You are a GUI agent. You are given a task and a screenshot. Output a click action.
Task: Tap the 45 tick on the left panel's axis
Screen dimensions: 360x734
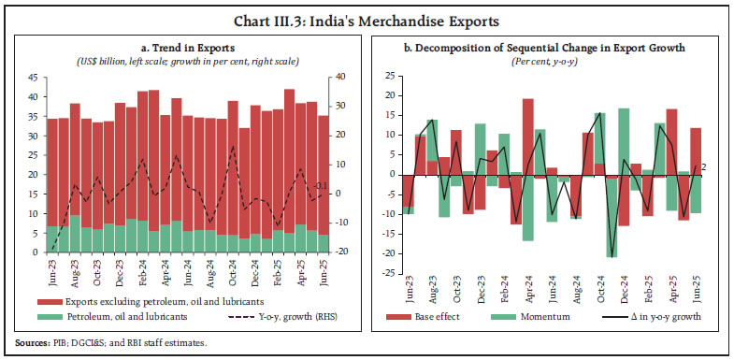tap(33, 78)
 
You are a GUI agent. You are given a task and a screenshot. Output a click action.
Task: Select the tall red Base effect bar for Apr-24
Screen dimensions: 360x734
tap(528, 136)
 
